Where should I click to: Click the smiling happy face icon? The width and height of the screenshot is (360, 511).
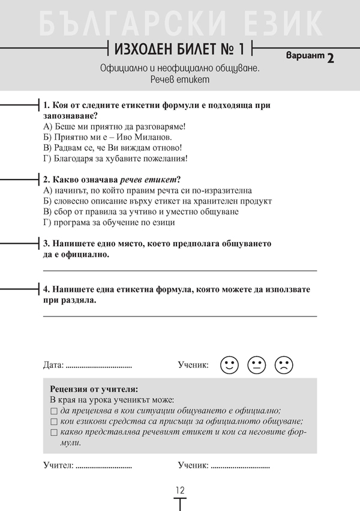pos(229,364)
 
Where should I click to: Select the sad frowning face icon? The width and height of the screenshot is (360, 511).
pos(284,364)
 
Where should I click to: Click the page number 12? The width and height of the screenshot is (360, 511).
pos(180,490)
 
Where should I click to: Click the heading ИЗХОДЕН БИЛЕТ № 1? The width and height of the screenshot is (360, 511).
pos(179,47)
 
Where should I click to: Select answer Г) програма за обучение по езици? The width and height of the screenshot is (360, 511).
pos(109,223)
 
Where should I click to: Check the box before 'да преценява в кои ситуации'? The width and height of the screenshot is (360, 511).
pos(54,411)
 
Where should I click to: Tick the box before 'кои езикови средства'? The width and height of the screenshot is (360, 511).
pos(54,422)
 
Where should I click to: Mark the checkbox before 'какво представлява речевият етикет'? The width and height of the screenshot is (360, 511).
pos(54,433)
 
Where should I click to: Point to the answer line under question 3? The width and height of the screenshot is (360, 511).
pos(180,271)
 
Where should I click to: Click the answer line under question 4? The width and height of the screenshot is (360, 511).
pos(180,315)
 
